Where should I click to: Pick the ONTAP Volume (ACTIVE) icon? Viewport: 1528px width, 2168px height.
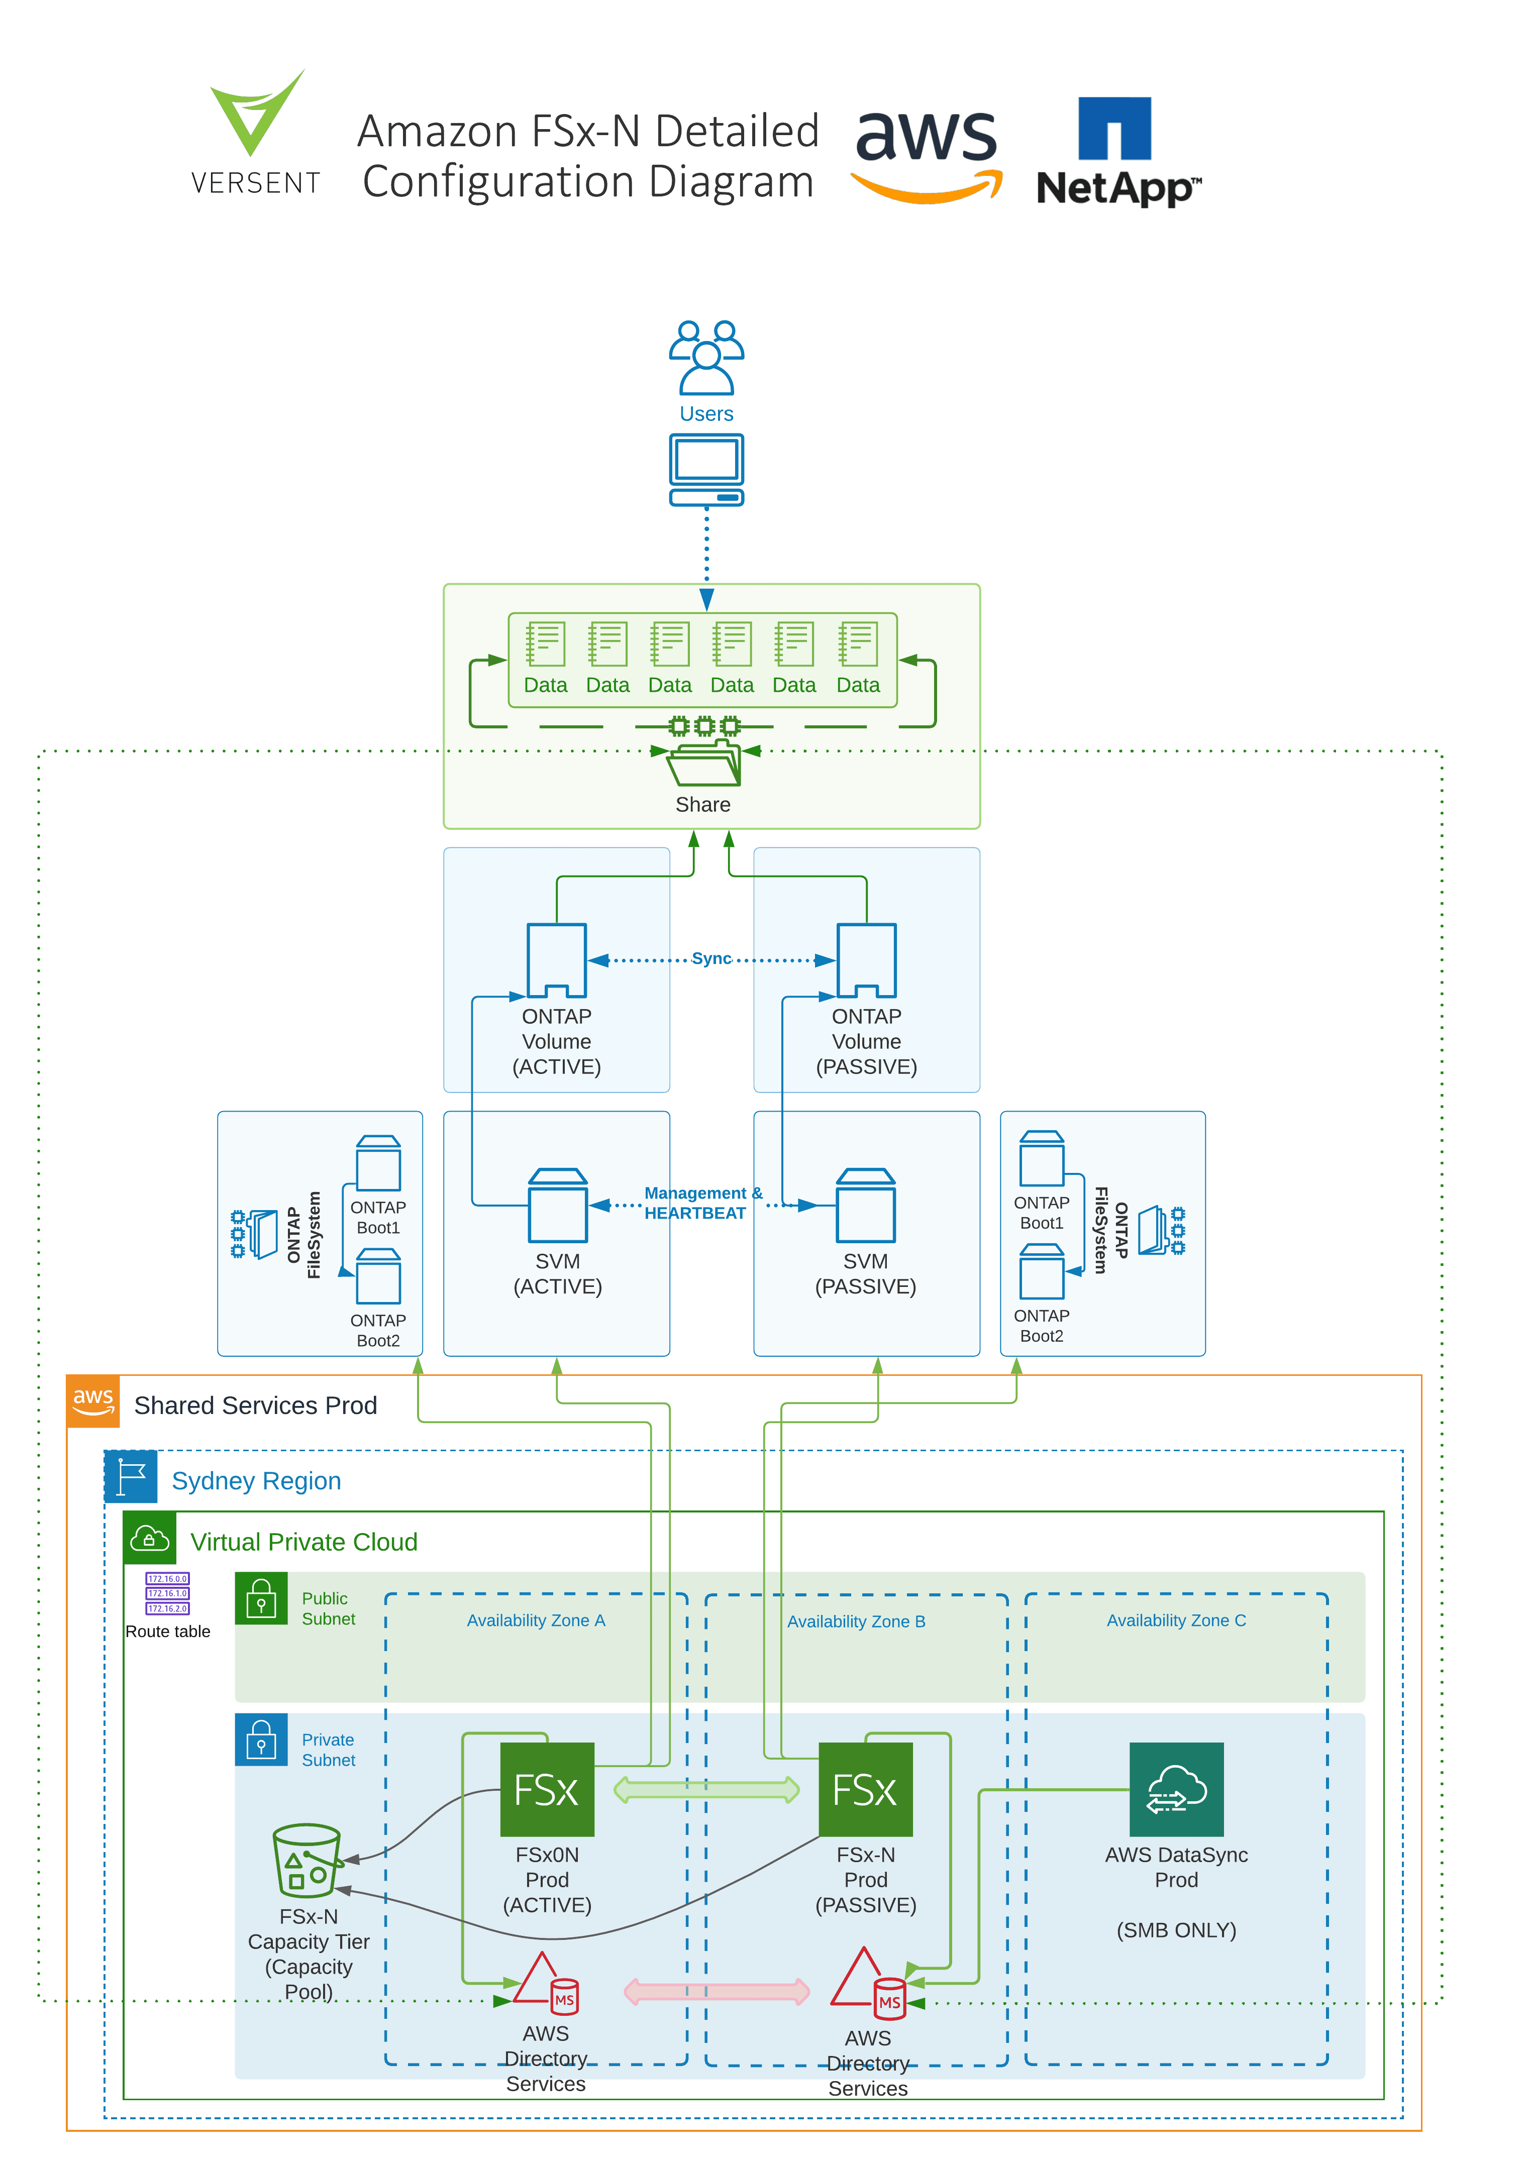tap(556, 960)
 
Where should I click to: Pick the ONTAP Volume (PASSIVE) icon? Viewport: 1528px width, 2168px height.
tap(866, 960)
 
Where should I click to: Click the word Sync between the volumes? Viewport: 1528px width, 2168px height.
tap(711, 959)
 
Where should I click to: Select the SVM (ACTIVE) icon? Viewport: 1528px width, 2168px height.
tap(557, 1206)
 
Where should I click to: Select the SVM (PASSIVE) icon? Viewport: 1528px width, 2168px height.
tap(865, 1206)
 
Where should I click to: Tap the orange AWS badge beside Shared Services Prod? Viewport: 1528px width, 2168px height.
tap(92, 1401)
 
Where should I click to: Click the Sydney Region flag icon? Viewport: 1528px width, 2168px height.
tap(130, 1477)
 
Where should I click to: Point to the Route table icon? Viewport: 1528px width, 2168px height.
tap(167, 1594)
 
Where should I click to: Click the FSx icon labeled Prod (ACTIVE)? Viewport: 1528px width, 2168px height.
tap(546, 1789)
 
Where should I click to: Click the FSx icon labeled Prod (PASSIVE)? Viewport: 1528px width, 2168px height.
tap(865, 1789)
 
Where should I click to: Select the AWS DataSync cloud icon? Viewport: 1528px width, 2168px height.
tap(1176, 1789)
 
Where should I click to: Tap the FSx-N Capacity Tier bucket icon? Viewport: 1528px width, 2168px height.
tap(306, 1860)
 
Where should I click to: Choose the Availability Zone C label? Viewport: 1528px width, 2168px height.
tap(1176, 1620)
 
